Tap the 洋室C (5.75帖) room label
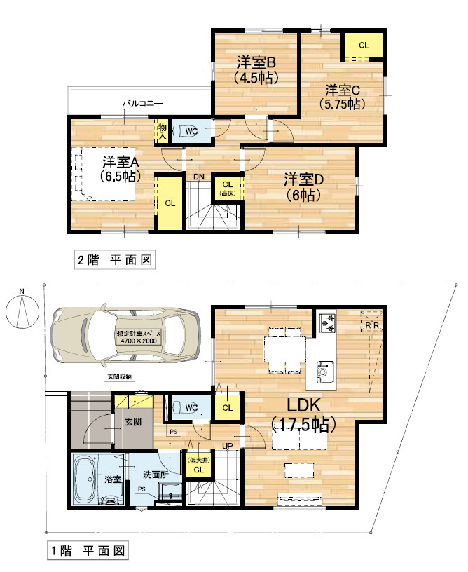coord(342,97)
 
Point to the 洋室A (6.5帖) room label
coord(118,168)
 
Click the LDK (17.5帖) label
coord(302,414)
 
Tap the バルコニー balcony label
coord(142,103)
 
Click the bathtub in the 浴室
coord(88,479)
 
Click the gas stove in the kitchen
coord(327,322)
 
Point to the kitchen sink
coord(324,369)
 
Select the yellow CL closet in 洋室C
coord(363,46)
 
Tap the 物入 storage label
coord(162,131)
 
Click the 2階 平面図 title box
coord(114,260)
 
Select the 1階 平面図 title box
coord(88,552)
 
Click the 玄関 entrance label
coord(134,423)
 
